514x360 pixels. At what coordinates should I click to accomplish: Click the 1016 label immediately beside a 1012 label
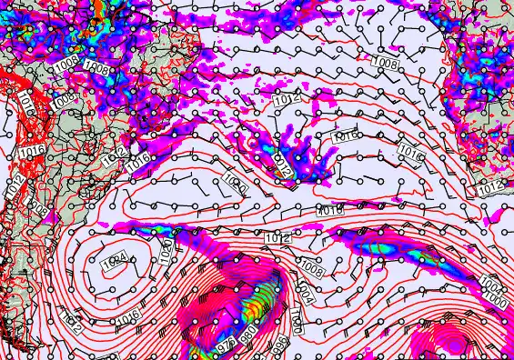(x=139, y=160)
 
